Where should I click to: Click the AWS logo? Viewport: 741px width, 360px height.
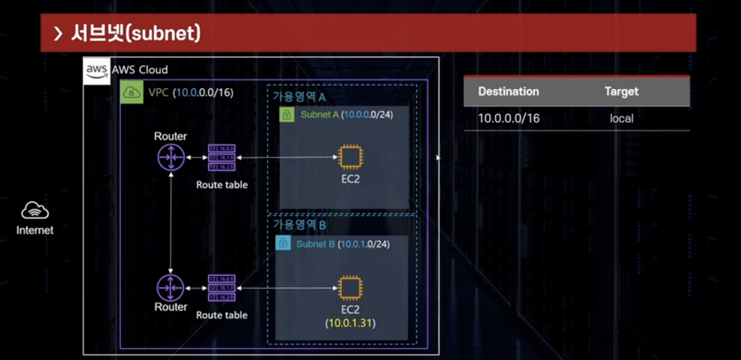[x=97, y=71]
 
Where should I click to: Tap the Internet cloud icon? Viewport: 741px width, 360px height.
[x=35, y=211]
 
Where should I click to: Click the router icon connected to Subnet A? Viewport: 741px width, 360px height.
[x=171, y=157]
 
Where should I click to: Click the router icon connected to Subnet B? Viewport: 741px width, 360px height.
[x=171, y=288]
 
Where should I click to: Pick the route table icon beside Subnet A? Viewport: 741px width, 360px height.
[x=222, y=157]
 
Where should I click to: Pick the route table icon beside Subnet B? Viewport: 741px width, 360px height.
[x=222, y=288]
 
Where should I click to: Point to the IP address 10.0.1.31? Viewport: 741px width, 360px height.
[x=350, y=323]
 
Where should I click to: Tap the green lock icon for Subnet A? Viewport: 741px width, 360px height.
[x=286, y=115]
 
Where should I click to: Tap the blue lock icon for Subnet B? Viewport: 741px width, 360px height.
[x=283, y=244]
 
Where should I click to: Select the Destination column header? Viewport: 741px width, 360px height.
[x=508, y=91]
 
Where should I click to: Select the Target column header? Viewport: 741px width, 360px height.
[x=621, y=91]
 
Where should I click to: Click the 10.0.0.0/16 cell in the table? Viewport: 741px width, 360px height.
[x=508, y=119]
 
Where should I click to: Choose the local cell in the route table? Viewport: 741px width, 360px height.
[x=621, y=119]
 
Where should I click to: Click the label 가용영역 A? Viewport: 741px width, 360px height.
[x=299, y=96]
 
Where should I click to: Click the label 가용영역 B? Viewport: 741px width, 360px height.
[x=299, y=225]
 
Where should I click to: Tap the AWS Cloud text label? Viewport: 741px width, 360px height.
[x=140, y=70]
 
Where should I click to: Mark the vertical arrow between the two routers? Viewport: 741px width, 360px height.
[x=171, y=222]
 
